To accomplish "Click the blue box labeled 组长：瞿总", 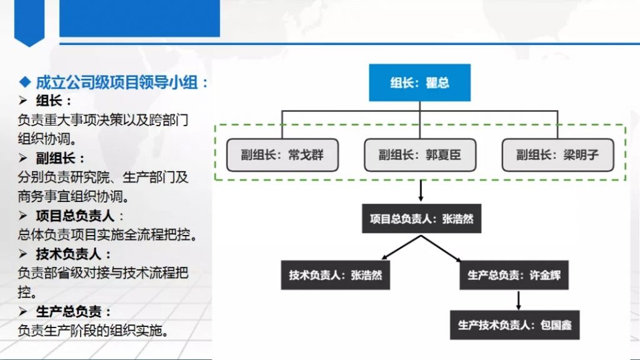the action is point(419,82).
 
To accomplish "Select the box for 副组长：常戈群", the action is point(282,155).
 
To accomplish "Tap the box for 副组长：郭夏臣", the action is point(420,155).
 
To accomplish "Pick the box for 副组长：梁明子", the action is point(557,155).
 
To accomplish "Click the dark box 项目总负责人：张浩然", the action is point(422,219).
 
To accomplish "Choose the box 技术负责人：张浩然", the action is point(336,275).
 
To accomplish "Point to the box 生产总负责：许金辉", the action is point(514,275).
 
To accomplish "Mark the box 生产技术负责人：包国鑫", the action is point(515,325).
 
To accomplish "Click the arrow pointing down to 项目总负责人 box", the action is point(421,190).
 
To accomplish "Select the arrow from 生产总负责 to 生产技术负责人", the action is point(518,301).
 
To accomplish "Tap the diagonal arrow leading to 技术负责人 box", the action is point(402,247).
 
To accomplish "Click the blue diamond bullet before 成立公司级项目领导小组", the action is point(25,82).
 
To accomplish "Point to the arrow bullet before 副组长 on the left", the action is point(23,158).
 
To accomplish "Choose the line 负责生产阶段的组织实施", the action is point(93,331).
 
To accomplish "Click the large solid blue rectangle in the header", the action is point(139,18).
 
